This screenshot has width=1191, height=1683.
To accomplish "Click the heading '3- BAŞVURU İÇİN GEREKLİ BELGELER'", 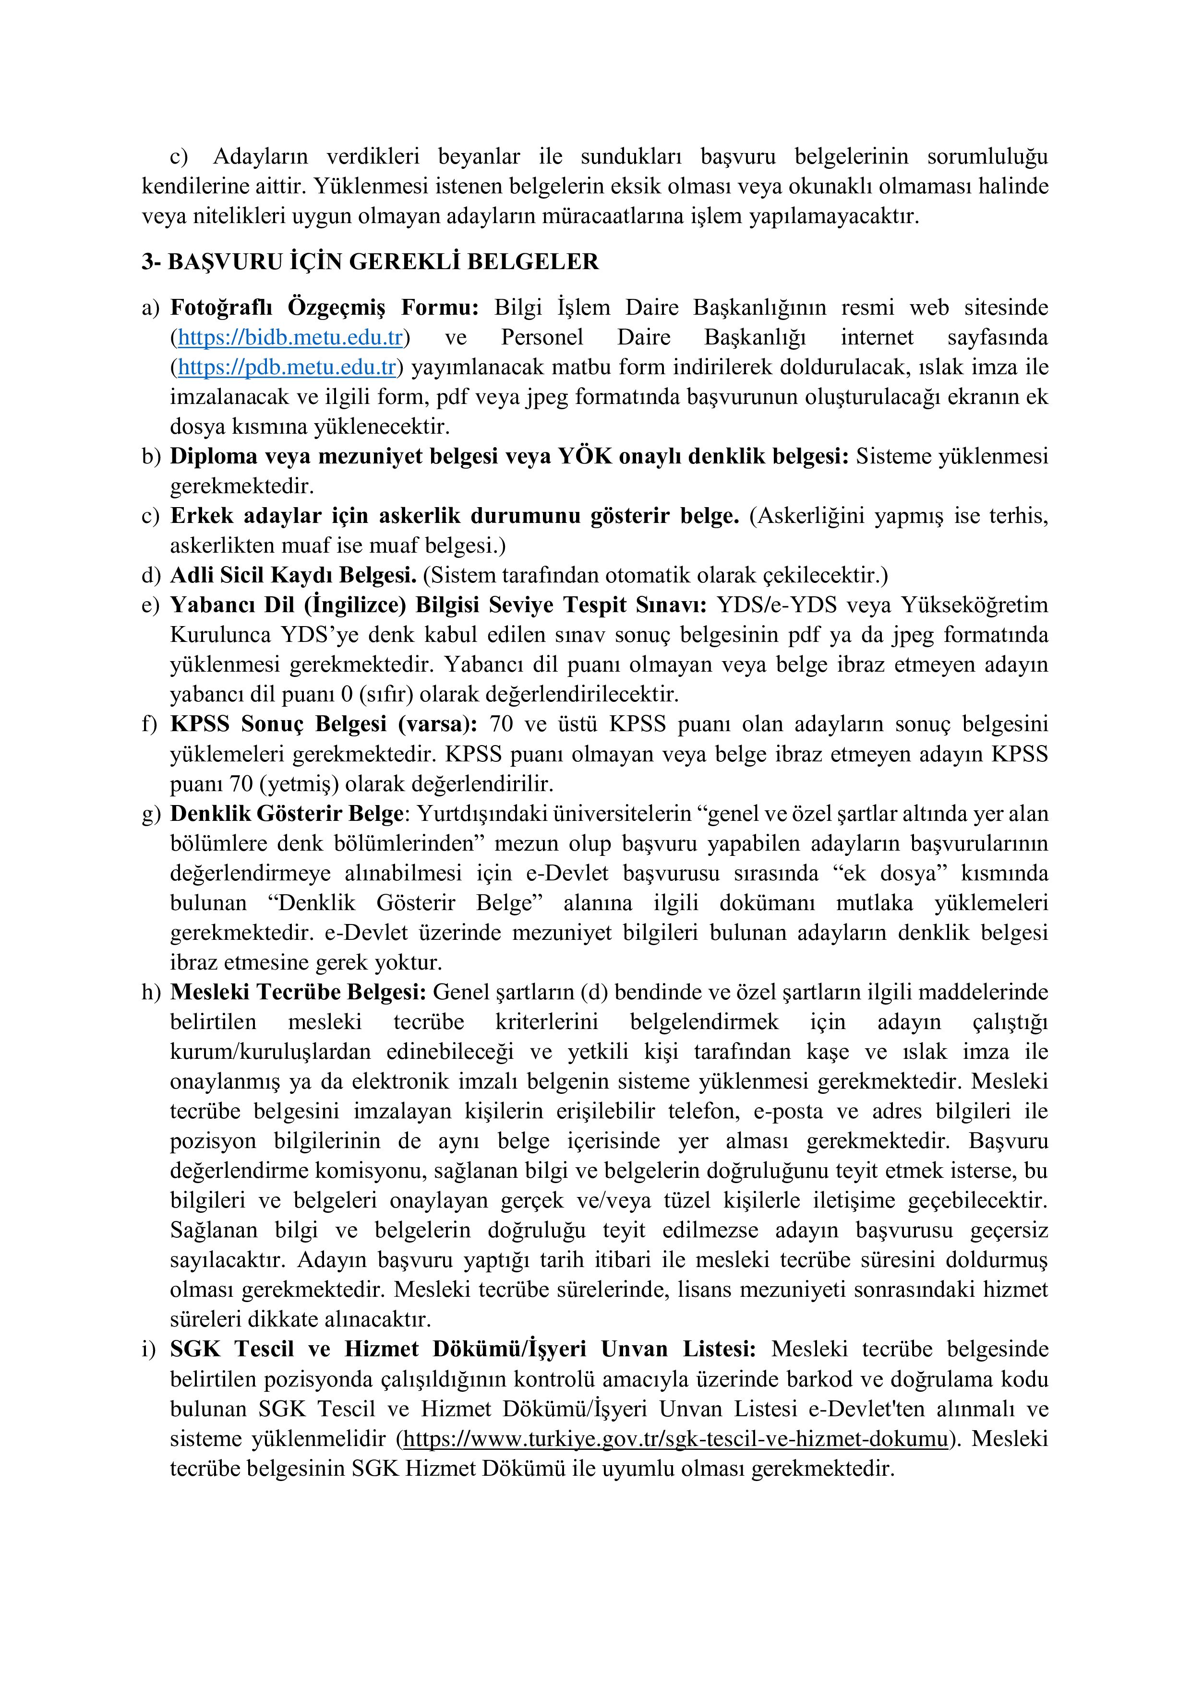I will point(370,261).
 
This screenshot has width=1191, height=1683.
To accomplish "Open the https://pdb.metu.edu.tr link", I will point(287,367).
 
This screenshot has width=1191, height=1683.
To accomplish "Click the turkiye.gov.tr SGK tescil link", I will point(674,1438).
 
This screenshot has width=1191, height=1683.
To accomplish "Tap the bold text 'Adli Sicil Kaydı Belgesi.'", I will point(293,575).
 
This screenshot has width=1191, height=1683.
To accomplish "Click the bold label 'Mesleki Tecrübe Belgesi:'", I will point(298,992).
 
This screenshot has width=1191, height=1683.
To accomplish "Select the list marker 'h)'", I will point(150,992).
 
